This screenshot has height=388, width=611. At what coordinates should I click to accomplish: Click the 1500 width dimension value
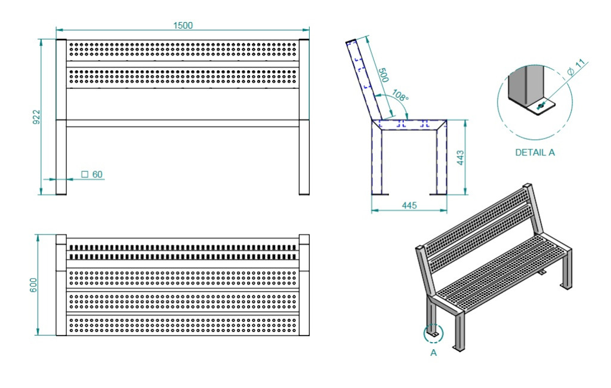183,25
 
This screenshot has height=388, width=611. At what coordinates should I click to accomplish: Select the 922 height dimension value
36,117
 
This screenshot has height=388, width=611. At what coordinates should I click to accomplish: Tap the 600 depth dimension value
33,285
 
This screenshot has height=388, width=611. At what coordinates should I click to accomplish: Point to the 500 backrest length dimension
384,75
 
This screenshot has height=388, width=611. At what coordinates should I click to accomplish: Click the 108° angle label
400,96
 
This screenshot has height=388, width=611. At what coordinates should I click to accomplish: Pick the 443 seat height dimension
460,158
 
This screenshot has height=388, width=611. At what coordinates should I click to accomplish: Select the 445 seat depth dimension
409,205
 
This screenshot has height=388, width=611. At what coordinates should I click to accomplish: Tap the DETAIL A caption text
535,152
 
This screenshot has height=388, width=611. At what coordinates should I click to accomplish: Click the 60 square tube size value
97,174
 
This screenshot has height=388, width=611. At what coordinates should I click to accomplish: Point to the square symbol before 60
85,174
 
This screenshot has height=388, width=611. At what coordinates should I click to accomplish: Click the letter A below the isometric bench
433,353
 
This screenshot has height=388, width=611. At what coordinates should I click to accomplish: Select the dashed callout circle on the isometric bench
433,325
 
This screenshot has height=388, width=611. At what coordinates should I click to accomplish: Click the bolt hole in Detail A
539,106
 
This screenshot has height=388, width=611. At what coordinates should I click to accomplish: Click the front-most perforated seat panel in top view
183,325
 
